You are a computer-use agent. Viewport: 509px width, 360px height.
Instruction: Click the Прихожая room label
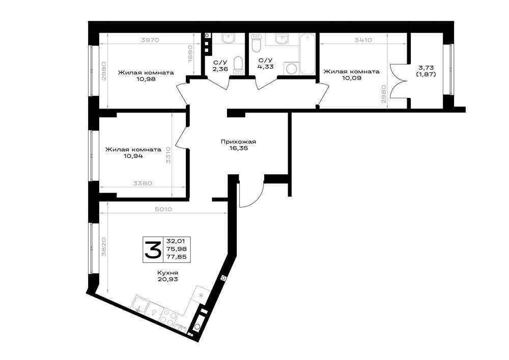click(238, 142)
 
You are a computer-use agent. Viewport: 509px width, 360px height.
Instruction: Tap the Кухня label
click(168, 273)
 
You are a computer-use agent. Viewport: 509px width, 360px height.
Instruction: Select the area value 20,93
click(168, 279)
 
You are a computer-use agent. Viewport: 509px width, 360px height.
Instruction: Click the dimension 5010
click(163, 209)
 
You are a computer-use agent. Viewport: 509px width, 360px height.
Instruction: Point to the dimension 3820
click(103, 247)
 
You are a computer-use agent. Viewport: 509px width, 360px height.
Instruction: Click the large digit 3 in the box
click(153, 250)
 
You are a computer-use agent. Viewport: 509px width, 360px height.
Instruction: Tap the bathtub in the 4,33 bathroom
click(307, 54)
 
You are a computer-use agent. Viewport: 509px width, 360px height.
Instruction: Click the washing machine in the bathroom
click(291, 69)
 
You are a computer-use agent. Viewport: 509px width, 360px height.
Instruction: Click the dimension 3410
click(363, 40)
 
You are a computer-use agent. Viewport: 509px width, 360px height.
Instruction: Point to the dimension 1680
click(190, 54)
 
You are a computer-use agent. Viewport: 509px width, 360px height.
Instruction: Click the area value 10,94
click(133, 156)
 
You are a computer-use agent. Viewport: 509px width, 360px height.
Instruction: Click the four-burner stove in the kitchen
click(169, 316)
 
